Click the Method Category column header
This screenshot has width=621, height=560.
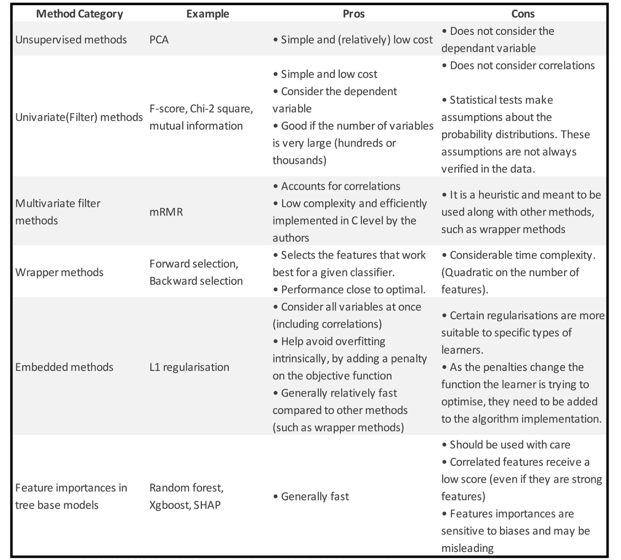click(x=79, y=14)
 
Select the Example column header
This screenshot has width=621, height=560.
click(x=207, y=14)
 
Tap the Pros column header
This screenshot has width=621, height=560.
click(x=353, y=14)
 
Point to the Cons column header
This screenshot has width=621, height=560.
click(x=523, y=14)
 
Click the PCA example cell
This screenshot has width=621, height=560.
click(x=159, y=40)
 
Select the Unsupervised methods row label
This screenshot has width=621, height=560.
click(x=71, y=40)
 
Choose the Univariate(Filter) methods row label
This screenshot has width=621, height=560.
click(x=79, y=117)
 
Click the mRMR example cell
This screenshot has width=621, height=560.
click(x=166, y=212)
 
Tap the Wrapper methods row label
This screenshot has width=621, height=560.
click(x=59, y=272)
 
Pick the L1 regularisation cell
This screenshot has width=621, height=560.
click(x=189, y=367)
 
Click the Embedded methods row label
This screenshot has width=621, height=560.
click(x=64, y=367)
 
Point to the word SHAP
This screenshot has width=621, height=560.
click(x=207, y=505)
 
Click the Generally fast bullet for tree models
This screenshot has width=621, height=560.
click(x=315, y=496)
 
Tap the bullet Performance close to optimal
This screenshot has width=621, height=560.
click(x=353, y=290)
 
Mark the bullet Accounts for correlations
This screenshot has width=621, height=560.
click(x=340, y=186)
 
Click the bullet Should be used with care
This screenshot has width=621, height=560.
click(x=509, y=445)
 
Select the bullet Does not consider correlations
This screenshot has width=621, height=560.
click(x=522, y=66)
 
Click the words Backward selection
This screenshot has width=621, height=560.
click(x=196, y=281)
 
